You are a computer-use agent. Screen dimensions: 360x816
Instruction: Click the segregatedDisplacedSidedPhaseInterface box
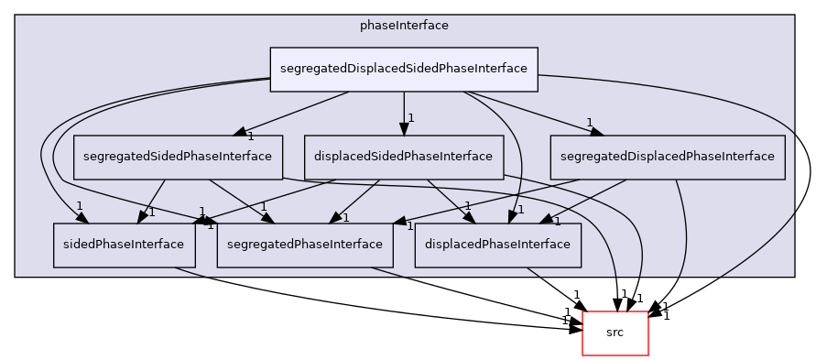(403, 69)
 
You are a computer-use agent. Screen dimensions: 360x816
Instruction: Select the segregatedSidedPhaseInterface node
(178, 157)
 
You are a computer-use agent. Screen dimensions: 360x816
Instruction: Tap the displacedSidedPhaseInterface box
(403, 157)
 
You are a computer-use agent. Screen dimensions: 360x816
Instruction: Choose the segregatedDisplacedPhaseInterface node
(668, 157)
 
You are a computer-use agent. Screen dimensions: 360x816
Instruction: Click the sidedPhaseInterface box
(124, 245)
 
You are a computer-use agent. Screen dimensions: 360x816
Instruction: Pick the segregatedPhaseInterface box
(305, 245)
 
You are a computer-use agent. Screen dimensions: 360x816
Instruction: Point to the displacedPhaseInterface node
(498, 245)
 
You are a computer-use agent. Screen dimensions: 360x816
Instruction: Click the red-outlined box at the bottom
(615, 333)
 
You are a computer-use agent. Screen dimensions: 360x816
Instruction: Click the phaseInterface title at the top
(404, 26)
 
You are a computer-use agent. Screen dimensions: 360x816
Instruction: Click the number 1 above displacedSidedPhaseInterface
(412, 118)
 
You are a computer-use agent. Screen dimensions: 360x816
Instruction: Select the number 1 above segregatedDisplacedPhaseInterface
(590, 123)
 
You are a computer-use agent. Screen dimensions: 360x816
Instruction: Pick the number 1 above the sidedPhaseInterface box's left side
(80, 205)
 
